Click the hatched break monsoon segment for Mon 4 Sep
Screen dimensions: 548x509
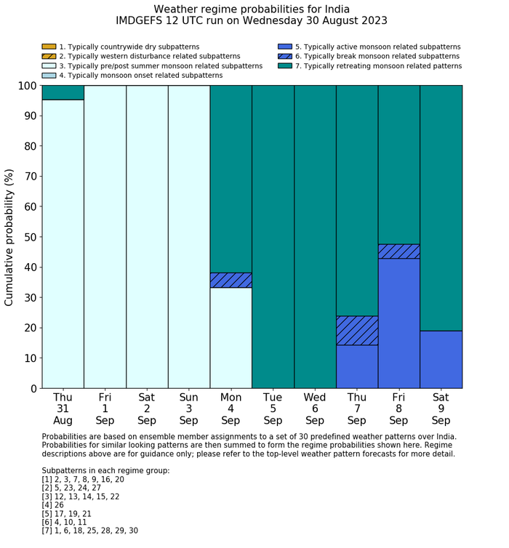click(x=231, y=281)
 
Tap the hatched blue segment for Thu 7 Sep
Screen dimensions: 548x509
click(x=357, y=331)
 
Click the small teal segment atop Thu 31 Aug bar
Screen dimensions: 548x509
click(x=63, y=92)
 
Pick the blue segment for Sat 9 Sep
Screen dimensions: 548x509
click(x=441, y=359)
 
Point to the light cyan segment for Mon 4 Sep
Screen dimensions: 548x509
click(x=231, y=338)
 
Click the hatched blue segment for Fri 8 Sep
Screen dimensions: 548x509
click(x=399, y=251)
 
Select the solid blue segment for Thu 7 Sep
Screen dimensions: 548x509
click(x=357, y=366)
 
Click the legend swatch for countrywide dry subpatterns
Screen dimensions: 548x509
click(x=49, y=47)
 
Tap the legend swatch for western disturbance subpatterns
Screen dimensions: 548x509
click(x=49, y=56)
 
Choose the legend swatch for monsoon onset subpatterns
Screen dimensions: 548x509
click(x=49, y=75)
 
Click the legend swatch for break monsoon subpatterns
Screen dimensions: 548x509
click(x=285, y=56)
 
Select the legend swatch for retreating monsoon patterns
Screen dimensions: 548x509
click(x=285, y=65)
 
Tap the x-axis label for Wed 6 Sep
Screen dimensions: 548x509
click(x=315, y=408)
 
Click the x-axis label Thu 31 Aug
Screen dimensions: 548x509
click(x=63, y=408)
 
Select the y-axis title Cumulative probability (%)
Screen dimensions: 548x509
click(x=9, y=237)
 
